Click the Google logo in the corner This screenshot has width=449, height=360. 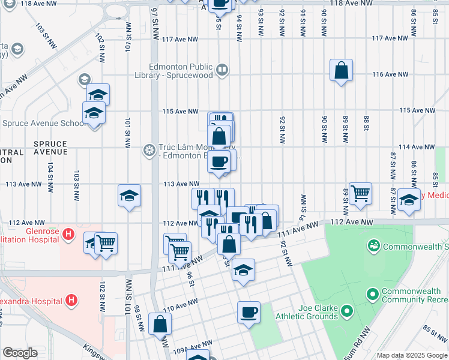click(x=20, y=353)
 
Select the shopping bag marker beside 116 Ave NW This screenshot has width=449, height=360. click(x=341, y=71)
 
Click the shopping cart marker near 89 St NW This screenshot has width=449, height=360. click(x=360, y=194)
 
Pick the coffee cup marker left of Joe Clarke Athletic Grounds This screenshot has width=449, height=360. click(x=249, y=312)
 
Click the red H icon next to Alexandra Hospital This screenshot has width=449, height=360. click(x=71, y=299)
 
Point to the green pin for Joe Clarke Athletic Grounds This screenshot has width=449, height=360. click(x=346, y=311)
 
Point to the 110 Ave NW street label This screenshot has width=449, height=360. click(x=177, y=308)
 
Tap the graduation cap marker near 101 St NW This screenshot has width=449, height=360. click(x=128, y=196)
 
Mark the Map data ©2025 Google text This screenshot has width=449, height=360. click(x=412, y=355)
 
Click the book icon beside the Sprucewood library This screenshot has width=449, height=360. click(x=222, y=71)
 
